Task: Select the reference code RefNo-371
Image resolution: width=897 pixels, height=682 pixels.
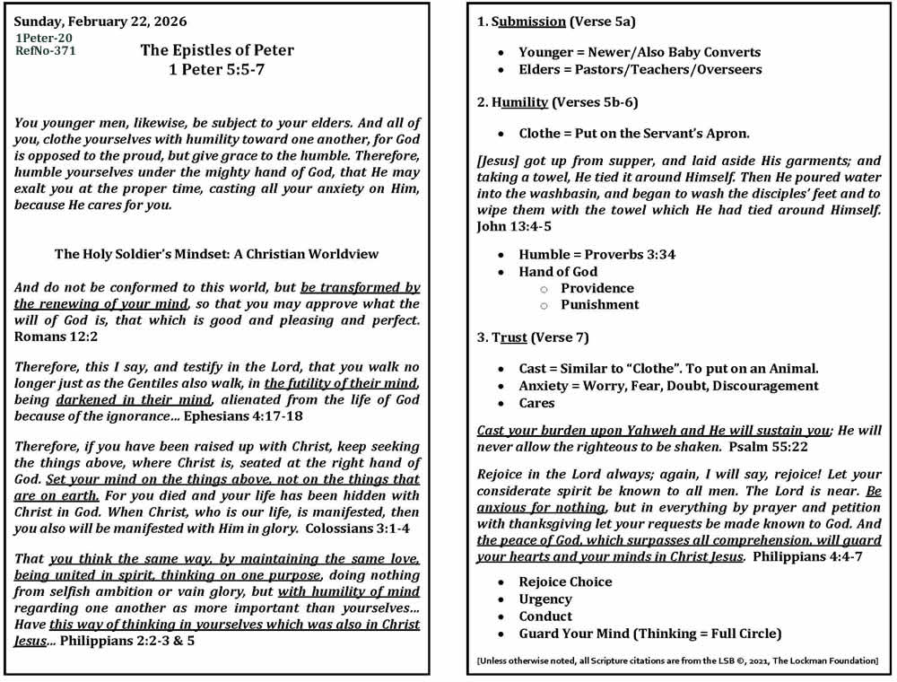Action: (46, 51)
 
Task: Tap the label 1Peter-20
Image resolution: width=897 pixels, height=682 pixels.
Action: (44, 38)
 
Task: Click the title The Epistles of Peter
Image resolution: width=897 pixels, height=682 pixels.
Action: (217, 50)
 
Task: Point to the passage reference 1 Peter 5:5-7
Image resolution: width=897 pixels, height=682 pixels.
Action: (217, 68)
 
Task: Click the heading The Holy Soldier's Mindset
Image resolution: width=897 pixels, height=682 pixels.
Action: (217, 254)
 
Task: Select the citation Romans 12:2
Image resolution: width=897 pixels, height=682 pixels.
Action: (58, 337)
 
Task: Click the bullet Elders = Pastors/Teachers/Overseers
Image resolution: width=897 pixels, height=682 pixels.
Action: (640, 69)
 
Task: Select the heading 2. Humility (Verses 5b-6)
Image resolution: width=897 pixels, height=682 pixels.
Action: (557, 102)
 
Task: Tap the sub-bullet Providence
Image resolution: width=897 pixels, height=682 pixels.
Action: (597, 288)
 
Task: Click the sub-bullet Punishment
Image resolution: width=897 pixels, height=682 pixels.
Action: (599, 304)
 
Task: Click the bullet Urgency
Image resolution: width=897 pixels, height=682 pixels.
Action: (544, 599)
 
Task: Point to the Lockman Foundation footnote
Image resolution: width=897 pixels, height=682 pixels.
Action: (677, 660)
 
